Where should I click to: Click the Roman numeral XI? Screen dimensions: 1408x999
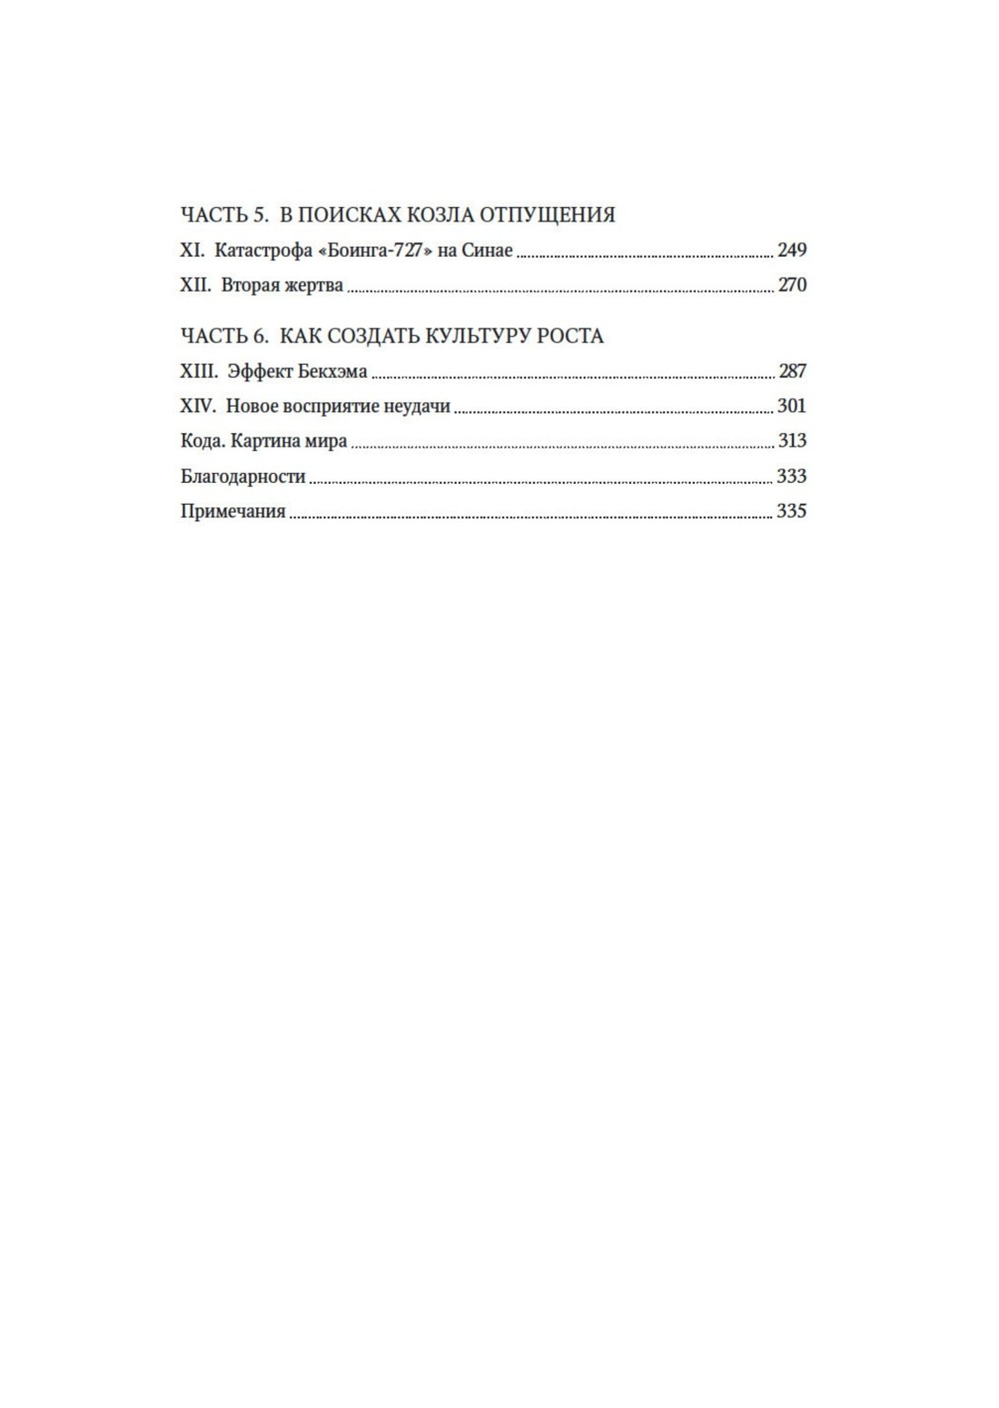click(x=193, y=251)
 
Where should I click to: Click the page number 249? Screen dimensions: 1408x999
click(x=792, y=251)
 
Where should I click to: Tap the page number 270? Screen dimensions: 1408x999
click(x=792, y=286)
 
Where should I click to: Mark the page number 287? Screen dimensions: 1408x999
click(x=792, y=371)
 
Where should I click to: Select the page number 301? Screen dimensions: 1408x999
click(x=792, y=407)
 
